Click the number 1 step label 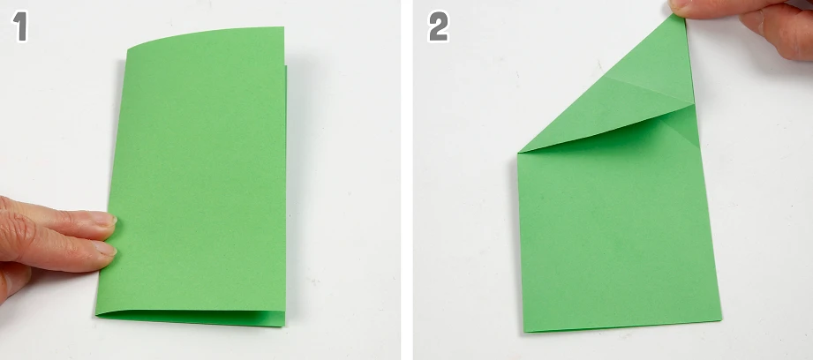click(x=20, y=26)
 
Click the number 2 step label click(x=439, y=26)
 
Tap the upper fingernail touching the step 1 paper click(x=106, y=219)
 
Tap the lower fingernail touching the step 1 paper click(x=106, y=249)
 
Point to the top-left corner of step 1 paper click(x=127, y=49)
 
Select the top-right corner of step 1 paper click(x=283, y=27)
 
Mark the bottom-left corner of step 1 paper click(x=96, y=314)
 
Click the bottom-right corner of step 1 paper click(x=284, y=326)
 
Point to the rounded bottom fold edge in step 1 click(x=191, y=317)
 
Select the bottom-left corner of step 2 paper click(x=524, y=332)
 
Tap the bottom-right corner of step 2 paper click(x=720, y=319)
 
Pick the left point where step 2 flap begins click(x=518, y=153)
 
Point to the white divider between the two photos click(x=407, y=180)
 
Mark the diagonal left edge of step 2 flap click(x=601, y=84)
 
